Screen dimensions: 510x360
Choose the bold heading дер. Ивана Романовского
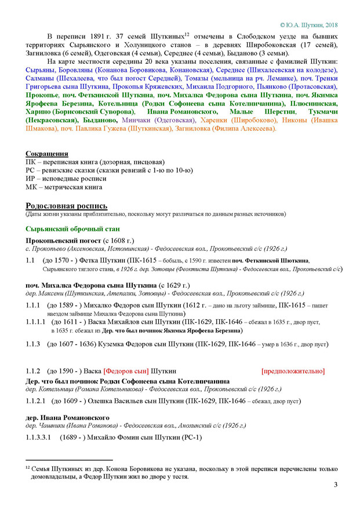pos(67,417)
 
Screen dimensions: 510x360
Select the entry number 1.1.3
pos(34,345)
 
